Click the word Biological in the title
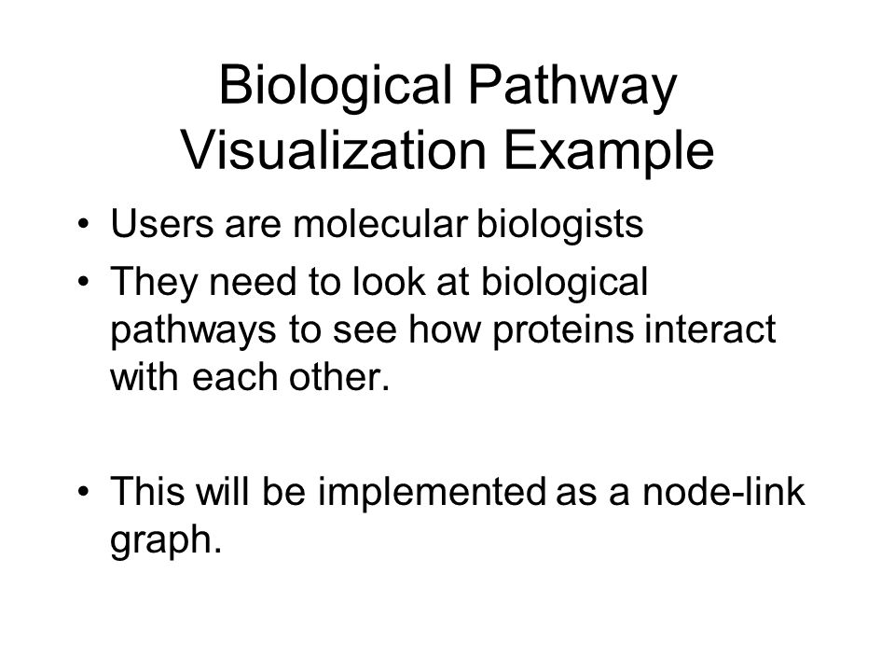pyautogui.click(x=335, y=87)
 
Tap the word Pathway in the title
pyautogui.click(x=573, y=87)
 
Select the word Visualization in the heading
pyautogui.click(x=334, y=150)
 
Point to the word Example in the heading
pyautogui.click(x=609, y=151)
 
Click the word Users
pyautogui.click(x=161, y=223)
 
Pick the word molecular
pyautogui.click(x=380, y=223)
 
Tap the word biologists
pyautogui.click(x=560, y=224)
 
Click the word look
pyautogui.click(x=389, y=281)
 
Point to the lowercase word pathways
pyautogui.click(x=193, y=331)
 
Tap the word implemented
pyautogui.click(x=432, y=493)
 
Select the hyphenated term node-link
pyautogui.click(x=723, y=492)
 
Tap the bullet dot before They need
pyautogui.click(x=84, y=282)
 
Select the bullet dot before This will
pyautogui.click(x=84, y=492)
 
